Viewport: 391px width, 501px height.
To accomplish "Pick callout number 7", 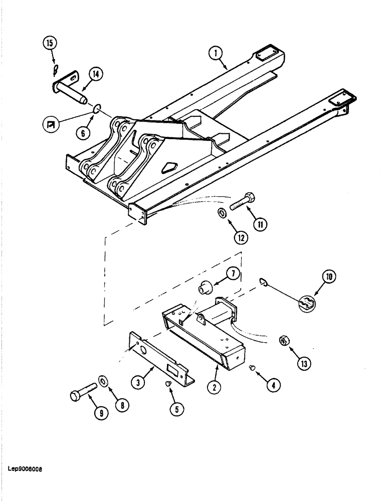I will (x=233, y=275).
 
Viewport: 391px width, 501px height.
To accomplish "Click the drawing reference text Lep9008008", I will (x=25, y=469).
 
